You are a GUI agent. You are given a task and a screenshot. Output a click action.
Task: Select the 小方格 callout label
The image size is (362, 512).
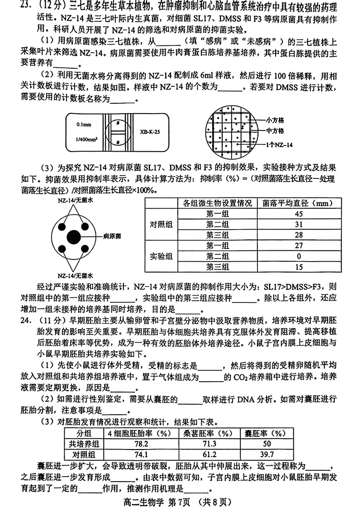tap(275, 120)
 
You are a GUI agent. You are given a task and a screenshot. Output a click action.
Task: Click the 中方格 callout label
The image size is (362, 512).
tap(275, 131)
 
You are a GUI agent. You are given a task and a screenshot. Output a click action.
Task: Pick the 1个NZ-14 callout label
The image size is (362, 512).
tap(279, 144)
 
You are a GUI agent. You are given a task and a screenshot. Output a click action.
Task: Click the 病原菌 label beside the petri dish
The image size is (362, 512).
tap(112, 236)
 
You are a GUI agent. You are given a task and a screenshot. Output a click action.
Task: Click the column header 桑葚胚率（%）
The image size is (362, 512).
tap(209, 433)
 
